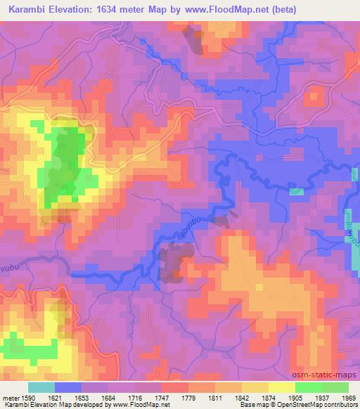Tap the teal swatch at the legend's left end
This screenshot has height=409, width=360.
(x=41, y=387)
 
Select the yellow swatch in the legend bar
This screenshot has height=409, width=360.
(x=281, y=387)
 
